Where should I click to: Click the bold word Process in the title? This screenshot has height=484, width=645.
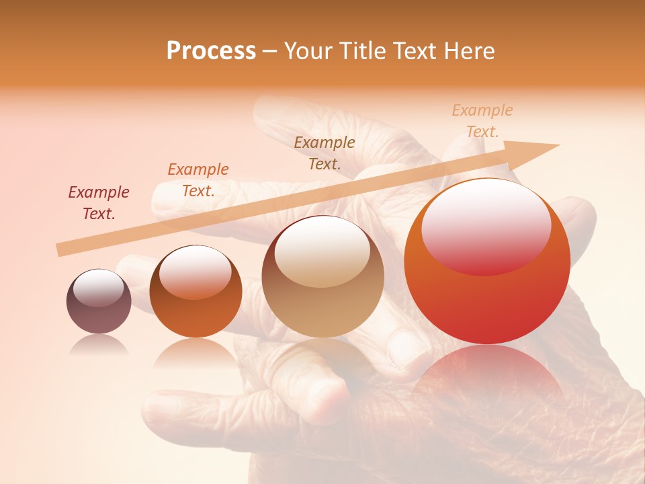click(211, 51)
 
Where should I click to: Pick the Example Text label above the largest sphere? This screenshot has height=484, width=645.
click(482, 121)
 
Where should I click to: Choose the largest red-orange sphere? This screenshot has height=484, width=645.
click(487, 296)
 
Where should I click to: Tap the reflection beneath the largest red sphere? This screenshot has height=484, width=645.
click(487, 376)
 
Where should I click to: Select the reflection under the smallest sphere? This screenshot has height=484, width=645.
click(99, 345)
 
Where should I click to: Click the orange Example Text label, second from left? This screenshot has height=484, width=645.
click(198, 180)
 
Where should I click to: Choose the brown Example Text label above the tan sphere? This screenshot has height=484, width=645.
click(325, 153)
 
